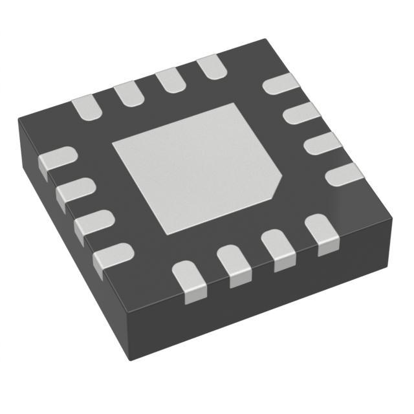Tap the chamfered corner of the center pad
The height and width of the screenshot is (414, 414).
[277, 188]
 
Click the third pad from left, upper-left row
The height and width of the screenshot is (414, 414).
[169, 80]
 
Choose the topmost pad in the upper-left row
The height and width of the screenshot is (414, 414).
[211, 67]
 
